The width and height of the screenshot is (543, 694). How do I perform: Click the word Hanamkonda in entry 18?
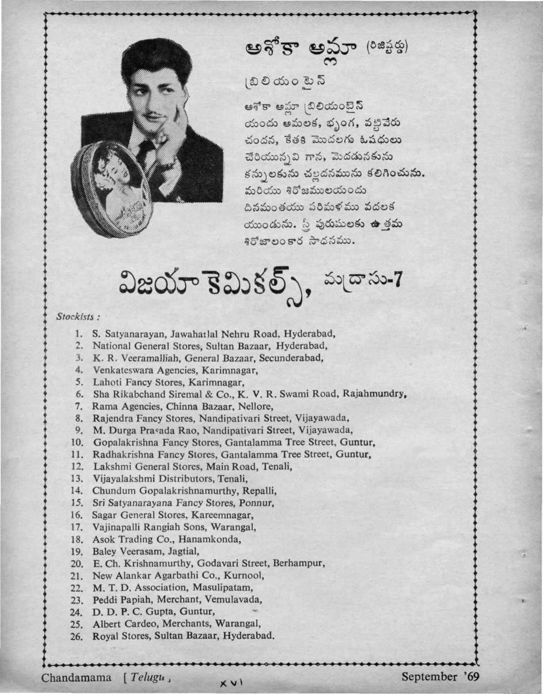pos(213,540)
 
